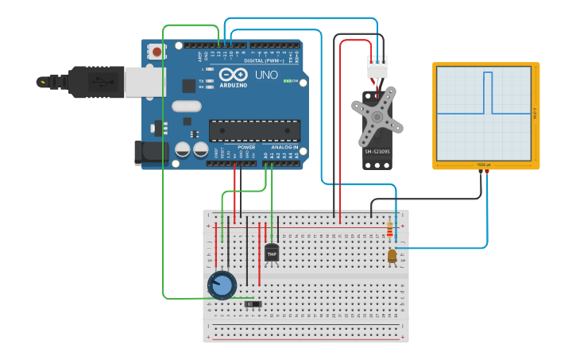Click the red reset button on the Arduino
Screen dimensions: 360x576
point(157,52)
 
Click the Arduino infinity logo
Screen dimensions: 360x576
point(233,75)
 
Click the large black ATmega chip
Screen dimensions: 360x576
point(254,131)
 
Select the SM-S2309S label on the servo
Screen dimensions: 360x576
point(377,151)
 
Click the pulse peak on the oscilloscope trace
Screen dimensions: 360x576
point(488,74)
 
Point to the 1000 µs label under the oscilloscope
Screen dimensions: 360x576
point(484,165)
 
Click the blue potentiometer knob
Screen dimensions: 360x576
point(222,285)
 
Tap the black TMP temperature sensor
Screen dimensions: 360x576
point(272,253)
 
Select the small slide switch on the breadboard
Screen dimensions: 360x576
point(253,304)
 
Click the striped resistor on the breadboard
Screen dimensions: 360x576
point(389,230)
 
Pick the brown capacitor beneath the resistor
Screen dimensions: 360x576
point(392,256)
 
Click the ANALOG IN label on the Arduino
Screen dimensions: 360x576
point(284,147)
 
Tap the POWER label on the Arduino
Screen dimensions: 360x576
point(246,147)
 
